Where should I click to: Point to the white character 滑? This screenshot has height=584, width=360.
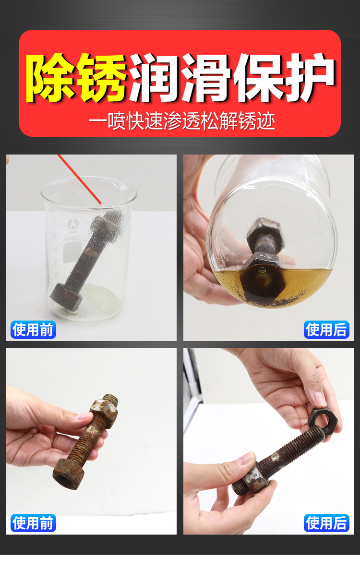206,78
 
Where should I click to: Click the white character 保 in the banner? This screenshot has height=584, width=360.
258,78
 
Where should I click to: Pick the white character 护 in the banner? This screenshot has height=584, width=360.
310,78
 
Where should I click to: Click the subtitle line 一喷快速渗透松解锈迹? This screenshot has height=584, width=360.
182,121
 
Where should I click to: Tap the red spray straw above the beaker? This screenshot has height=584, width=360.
80,179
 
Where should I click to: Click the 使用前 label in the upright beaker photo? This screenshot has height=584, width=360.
33,330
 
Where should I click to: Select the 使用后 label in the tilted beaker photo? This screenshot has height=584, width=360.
326,330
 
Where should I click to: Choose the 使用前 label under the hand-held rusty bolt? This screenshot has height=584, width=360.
33,523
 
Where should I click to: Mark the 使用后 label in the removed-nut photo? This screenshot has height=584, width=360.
326,523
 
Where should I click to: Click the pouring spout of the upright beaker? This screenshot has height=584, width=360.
131,190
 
